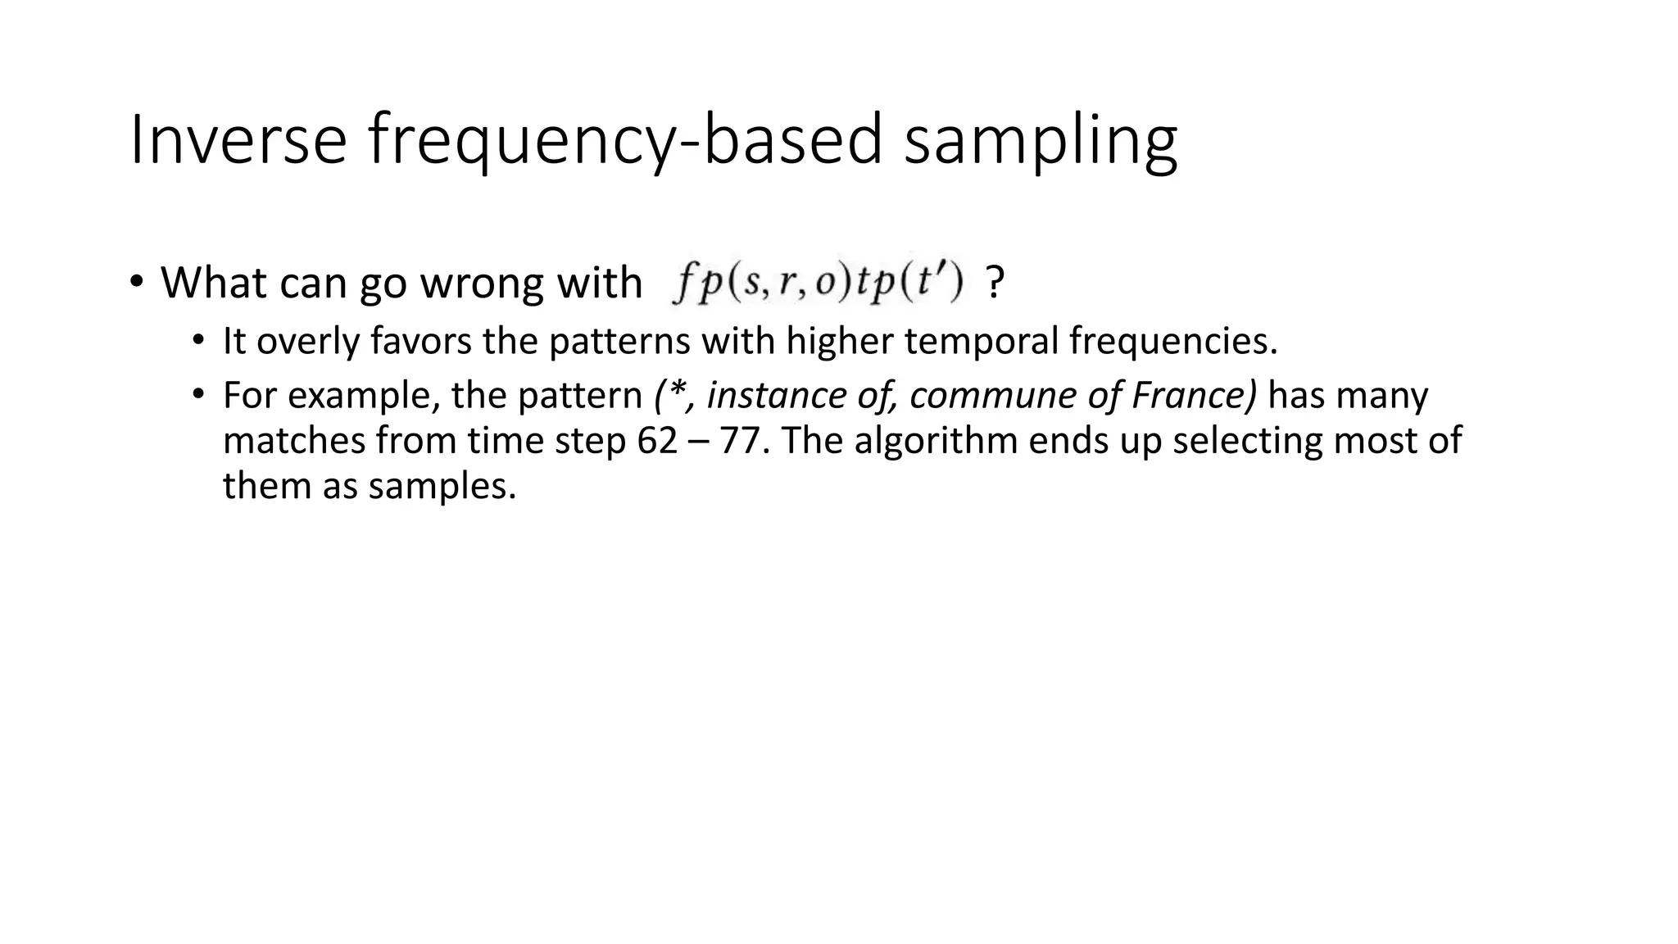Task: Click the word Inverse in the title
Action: (x=238, y=141)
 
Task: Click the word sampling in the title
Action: (x=1040, y=141)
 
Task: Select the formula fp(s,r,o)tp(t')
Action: (x=818, y=284)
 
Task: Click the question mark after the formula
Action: (x=995, y=284)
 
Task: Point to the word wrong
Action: (x=483, y=284)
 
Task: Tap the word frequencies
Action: (x=1172, y=341)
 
